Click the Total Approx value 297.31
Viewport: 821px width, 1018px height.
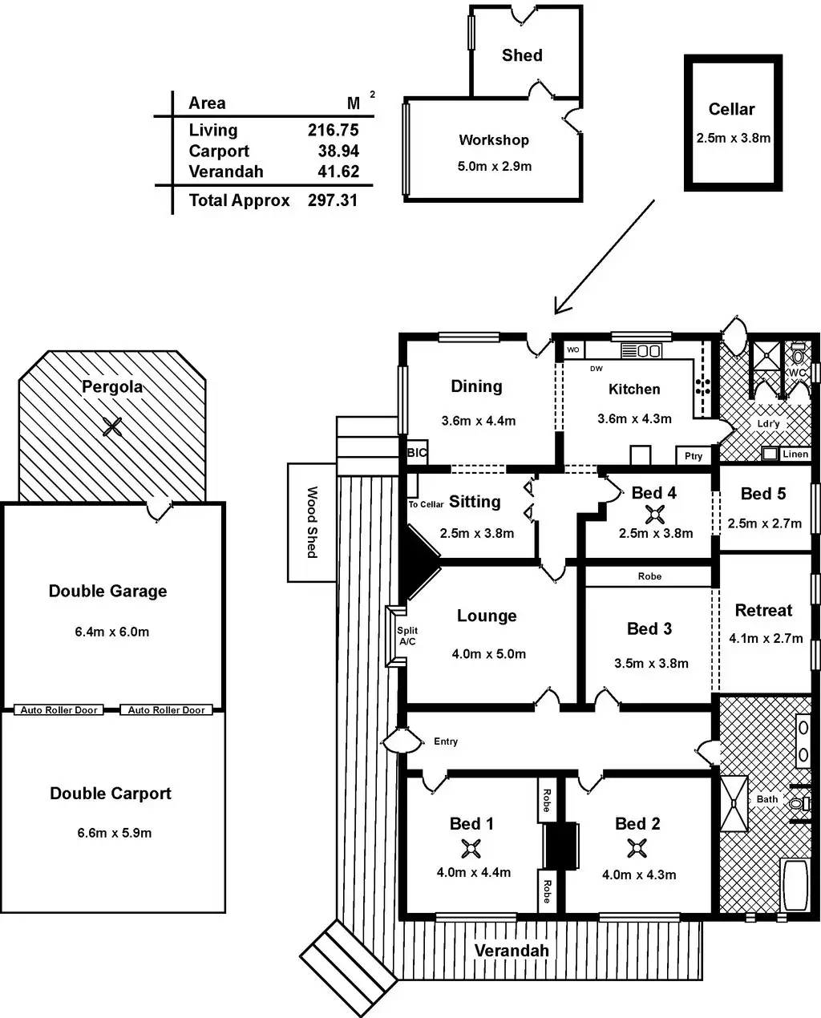[333, 200]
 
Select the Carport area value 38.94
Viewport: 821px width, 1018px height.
[333, 151]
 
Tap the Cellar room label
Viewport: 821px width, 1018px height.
[731, 109]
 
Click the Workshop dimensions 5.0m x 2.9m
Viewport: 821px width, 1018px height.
[494, 167]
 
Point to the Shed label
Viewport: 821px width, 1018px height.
[522, 55]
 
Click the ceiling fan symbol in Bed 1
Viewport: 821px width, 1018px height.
[470, 847]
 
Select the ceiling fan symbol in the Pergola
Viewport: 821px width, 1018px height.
[113, 426]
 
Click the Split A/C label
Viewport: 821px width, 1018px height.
[407, 636]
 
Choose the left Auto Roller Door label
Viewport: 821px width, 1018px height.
[59, 710]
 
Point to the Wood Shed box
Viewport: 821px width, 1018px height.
[312, 522]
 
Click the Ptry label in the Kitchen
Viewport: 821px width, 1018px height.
[694, 455]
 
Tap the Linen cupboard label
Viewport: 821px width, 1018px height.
[795, 454]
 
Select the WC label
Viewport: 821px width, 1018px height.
[797, 373]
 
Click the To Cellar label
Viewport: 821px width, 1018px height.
[426, 504]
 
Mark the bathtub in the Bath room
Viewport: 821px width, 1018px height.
[795, 885]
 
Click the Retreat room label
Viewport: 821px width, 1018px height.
[763, 610]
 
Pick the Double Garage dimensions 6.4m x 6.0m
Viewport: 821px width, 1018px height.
[112, 632]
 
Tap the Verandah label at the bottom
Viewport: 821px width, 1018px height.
[512, 951]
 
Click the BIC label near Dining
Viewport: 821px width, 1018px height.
[417, 452]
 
